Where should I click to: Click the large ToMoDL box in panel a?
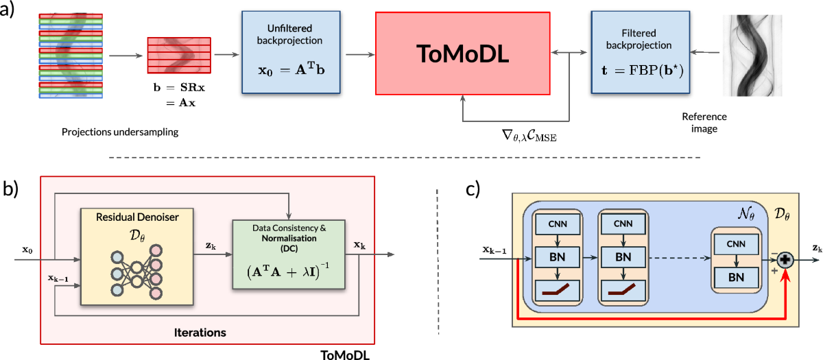pos(462,53)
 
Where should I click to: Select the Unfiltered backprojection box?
pos(291,52)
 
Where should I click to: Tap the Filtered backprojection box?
pos(641,52)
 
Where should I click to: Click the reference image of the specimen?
pos(752,55)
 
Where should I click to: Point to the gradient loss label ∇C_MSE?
pos(529,136)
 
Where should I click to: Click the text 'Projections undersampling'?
pos(120,132)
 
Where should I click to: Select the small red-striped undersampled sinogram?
pos(179,55)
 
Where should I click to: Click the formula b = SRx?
pos(179,88)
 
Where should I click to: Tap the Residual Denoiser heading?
pos(137,217)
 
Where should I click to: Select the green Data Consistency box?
pos(289,254)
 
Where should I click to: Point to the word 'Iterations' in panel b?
pos(200,333)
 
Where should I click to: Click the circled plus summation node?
pos(785,260)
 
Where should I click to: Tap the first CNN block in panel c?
pos(558,224)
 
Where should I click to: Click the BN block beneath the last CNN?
pos(736,277)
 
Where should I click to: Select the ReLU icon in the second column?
pos(623,291)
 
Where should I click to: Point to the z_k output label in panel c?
pos(817,249)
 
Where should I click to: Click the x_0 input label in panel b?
pos(27,250)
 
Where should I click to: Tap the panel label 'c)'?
pos(473,189)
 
